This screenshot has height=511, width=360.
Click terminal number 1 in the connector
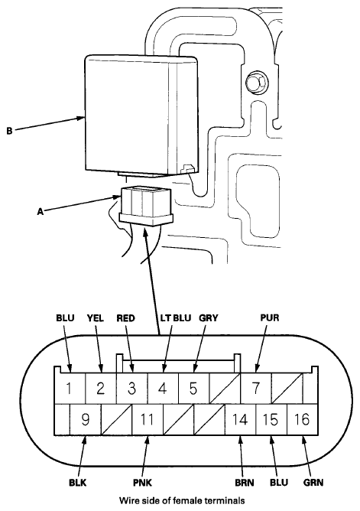tap(69, 389)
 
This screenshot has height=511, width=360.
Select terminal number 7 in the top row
tap(256, 389)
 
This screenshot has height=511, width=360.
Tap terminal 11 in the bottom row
tap(147, 419)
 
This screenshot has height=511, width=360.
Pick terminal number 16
tap(302, 419)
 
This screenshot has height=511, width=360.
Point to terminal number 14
tap(240, 419)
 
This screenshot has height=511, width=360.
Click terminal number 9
tap(86, 419)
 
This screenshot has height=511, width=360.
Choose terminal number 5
tap(193, 389)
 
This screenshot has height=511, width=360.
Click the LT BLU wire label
tap(176, 317)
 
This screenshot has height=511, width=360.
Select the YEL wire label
tap(96, 317)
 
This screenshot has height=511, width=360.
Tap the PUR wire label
tap(270, 317)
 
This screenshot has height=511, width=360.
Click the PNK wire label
tap(143, 483)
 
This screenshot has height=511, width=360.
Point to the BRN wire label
tap(245, 483)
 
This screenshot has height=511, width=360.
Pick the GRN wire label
tap(313, 483)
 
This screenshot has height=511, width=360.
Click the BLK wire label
tap(78, 483)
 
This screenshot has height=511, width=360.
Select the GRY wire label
tap(209, 317)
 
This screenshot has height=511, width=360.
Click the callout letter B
tap(9, 131)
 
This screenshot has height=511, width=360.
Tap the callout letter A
tap(40, 212)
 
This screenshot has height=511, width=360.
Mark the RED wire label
tap(125, 317)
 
